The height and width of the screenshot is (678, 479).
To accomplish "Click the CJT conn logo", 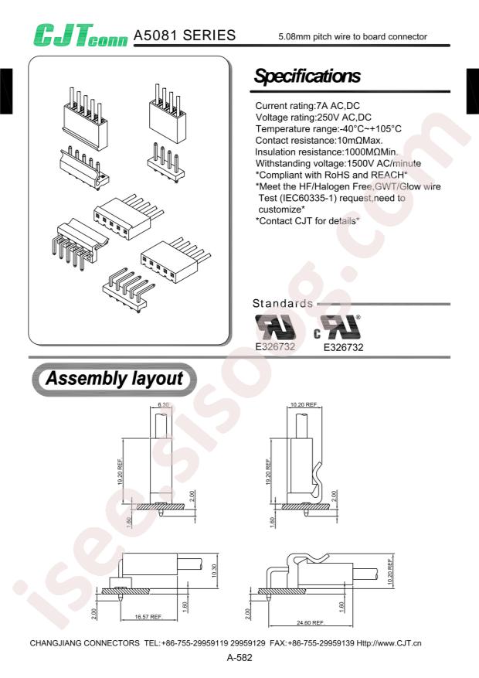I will tap(78, 33).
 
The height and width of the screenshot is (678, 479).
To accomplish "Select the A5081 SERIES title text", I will tap(185, 36).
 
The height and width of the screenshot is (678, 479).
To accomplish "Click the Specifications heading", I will tap(307, 77).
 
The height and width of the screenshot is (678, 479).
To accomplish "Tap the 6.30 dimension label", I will tap(163, 406).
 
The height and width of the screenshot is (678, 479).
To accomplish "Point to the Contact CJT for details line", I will tap(307, 221).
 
